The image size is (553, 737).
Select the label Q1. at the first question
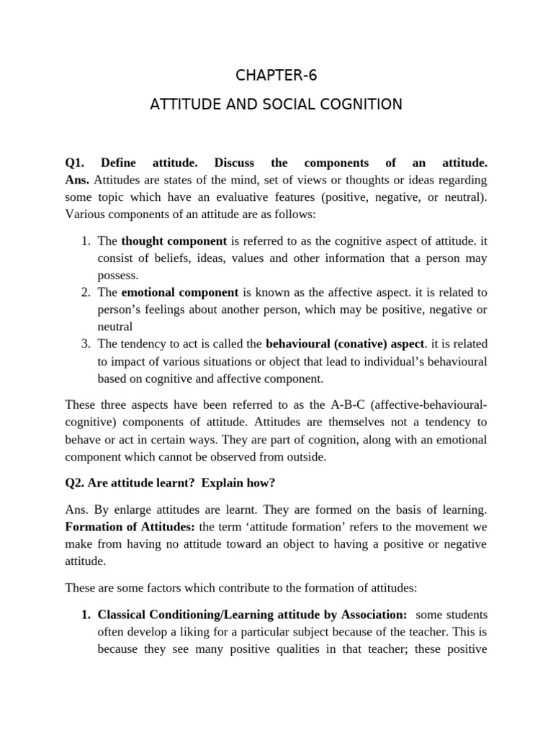click(x=76, y=163)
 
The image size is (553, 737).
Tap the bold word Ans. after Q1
click(x=78, y=179)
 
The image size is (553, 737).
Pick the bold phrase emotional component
click(x=180, y=292)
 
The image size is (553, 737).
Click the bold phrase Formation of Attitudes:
click(x=130, y=527)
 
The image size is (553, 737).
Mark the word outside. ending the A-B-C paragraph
click(x=307, y=457)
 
